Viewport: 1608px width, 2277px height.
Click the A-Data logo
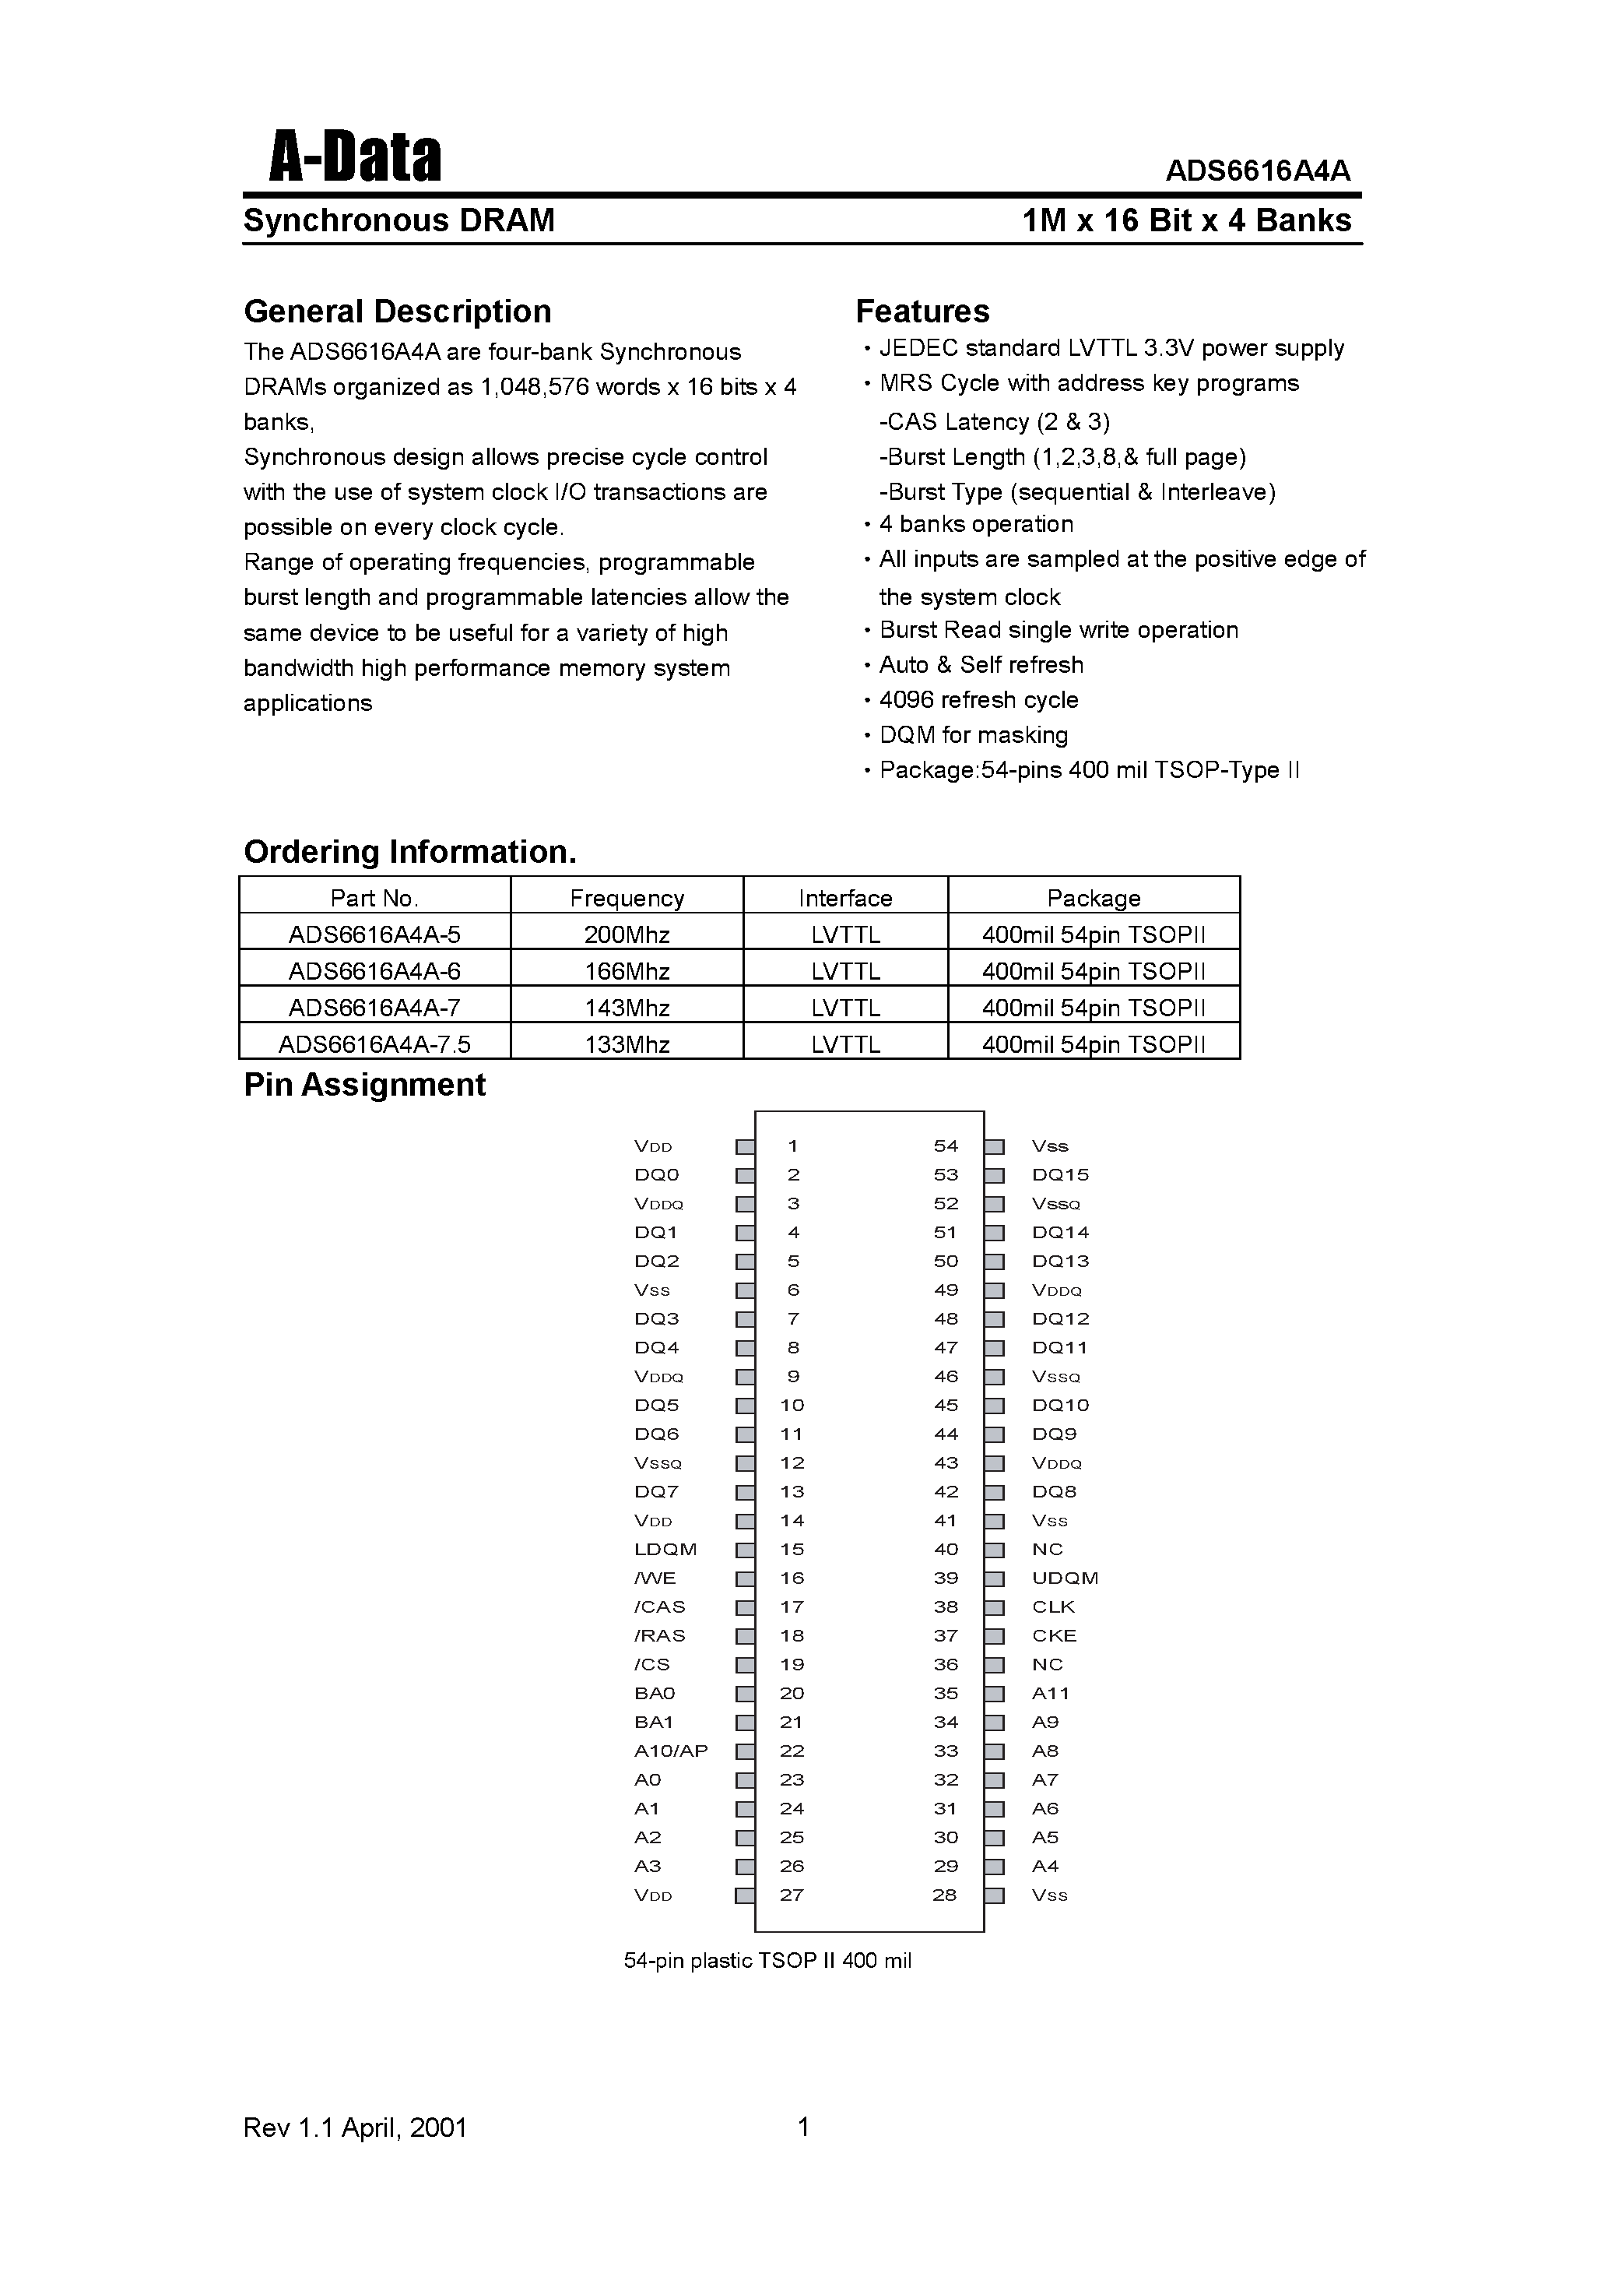click(x=355, y=159)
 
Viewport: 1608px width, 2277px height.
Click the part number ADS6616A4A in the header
click(x=1257, y=171)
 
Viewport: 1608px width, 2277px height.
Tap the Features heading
click(x=922, y=311)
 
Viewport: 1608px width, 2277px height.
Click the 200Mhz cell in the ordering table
click(x=627, y=934)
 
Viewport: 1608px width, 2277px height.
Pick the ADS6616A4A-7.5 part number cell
click(x=374, y=1044)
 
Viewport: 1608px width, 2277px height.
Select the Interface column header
click(x=844, y=898)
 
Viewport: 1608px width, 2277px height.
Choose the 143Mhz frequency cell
click(x=627, y=1008)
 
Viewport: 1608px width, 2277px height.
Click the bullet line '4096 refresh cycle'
click(x=978, y=700)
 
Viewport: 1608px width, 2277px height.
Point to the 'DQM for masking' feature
click(x=973, y=735)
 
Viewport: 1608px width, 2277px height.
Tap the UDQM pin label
click(x=1065, y=1578)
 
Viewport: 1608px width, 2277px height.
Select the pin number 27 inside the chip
click(x=791, y=1895)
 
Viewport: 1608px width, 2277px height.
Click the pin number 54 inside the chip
click(x=946, y=1146)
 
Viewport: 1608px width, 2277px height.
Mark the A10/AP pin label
click(x=671, y=1751)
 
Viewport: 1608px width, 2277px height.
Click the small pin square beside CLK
click(x=995, y=1607)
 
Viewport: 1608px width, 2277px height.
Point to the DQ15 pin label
click(x=1060, y=1175)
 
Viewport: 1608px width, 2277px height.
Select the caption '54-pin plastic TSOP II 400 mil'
click(x=767, y=1961)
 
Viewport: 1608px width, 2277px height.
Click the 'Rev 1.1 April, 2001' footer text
click(x=355, y=2127)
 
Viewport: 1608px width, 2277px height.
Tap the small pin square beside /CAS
click(x=745, y=1607)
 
